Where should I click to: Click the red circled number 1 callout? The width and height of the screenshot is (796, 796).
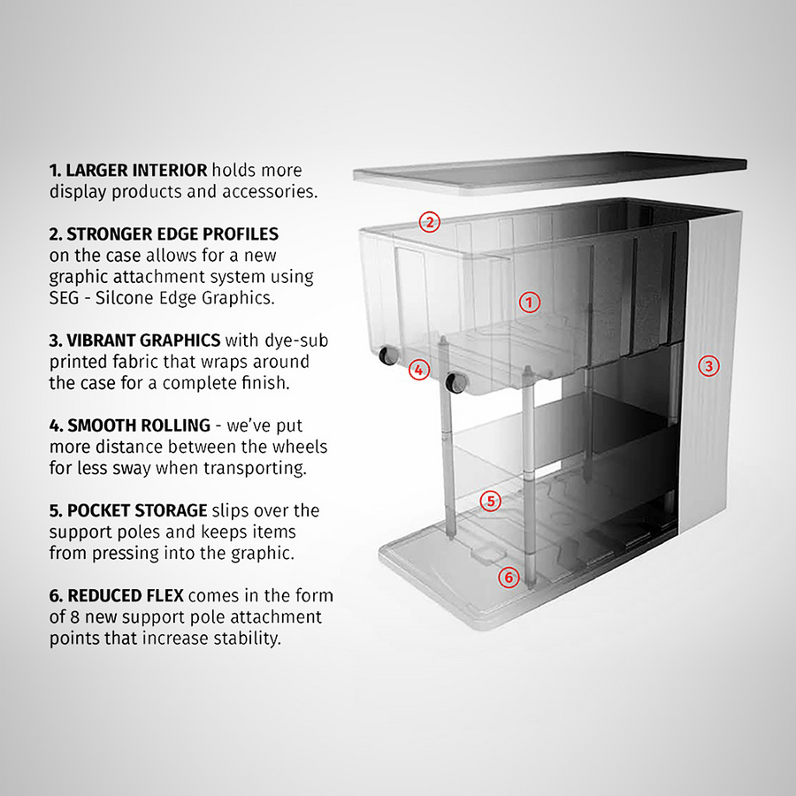pyautogui.click(x=528, y=302)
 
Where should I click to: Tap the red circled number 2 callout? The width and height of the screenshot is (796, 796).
pyautogui.click(x=429, y=222)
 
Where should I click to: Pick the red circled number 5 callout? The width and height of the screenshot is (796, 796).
pyautogui.click(x=491, y=501)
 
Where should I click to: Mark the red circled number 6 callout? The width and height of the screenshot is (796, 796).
pyautogui.click(x=507, y=578)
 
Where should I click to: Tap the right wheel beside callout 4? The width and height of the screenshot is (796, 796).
pyautogui.click(x=456, y=383)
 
